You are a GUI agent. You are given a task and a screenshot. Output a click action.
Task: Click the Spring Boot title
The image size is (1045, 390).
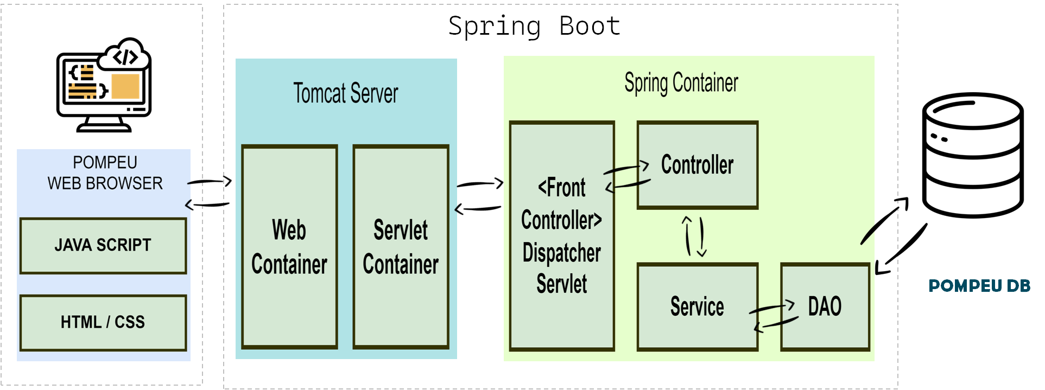click(534, 26)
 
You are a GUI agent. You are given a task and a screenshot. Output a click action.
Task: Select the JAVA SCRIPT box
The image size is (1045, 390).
click(103, 246)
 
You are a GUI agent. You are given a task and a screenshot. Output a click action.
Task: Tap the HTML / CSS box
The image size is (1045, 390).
click(103, 323)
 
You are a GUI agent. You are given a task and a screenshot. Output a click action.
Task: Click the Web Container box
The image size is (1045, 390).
click(289, 247)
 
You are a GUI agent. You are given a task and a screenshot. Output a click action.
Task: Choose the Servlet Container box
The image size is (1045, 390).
click(401, 247)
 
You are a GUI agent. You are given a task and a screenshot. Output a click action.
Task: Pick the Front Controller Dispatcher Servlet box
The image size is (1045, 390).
click(562, 236)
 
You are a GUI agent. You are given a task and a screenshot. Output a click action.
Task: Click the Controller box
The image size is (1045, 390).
click(698, 165)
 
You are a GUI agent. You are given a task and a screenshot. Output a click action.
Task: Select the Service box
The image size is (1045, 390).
click(698, 307)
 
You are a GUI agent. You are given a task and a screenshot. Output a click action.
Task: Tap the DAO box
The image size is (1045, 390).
click(825, 307)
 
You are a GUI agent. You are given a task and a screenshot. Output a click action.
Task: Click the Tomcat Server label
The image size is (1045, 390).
click(346, 93)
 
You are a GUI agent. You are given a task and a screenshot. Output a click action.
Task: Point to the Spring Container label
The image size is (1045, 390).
click(681, 83)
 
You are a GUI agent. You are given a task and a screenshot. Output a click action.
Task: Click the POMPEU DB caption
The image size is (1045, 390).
click(979, 286)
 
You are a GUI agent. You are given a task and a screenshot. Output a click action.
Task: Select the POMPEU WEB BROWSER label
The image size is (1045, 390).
click(105, 173)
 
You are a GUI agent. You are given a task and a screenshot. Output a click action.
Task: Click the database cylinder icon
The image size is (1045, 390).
click(973, 155)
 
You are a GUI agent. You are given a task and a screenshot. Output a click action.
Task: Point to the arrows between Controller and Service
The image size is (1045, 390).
click(694, 236)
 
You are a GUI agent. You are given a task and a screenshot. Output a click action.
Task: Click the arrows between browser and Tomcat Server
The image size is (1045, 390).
click(208, 193)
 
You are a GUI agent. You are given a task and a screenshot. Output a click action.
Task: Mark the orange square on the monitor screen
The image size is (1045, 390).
click(125, 86)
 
